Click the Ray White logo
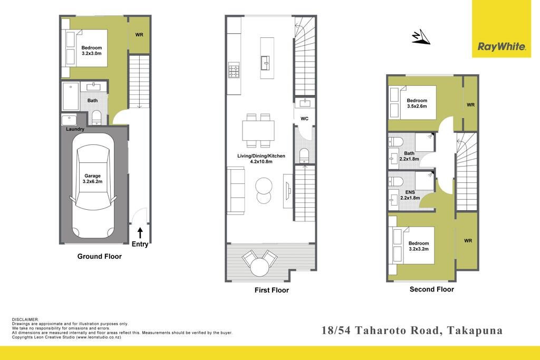502,46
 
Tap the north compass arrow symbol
421,37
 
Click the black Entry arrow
140,233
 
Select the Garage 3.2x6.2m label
92,179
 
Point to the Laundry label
75,129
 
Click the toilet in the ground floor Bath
97,118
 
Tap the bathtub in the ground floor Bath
71,96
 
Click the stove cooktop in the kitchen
234,71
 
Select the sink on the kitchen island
265,63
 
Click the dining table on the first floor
258,130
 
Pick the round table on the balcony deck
260,267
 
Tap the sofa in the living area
236,190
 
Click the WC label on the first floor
304,119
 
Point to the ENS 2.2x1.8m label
410,195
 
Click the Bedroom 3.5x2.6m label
417,103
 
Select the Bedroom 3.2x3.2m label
419,246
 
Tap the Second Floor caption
431,289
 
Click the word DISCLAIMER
25,320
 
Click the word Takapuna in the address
475,330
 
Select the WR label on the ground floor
139,35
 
